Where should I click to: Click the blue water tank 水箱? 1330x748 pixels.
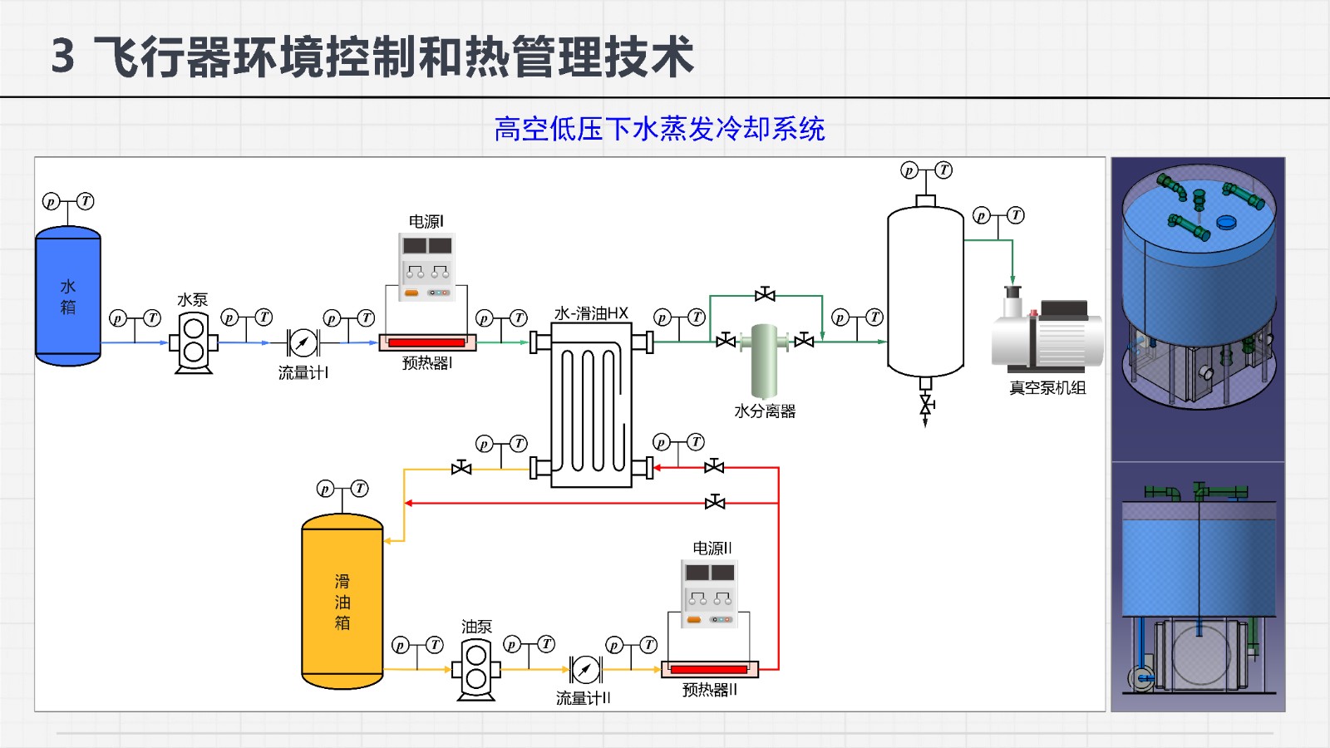68,296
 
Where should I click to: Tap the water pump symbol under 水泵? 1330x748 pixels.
193,342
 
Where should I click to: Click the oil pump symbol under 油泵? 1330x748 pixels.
476,668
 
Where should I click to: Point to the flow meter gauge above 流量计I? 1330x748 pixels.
303,342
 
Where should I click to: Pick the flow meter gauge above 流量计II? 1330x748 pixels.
586,669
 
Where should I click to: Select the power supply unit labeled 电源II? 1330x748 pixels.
710,593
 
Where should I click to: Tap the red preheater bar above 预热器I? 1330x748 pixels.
426,342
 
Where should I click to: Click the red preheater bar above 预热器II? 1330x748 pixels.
709,669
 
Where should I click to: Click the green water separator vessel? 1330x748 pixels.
765,359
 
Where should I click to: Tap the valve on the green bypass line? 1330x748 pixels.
765,295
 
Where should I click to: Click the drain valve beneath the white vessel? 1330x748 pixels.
925,405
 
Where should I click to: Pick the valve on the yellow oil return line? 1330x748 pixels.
461,469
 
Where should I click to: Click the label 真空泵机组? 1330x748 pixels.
1047,388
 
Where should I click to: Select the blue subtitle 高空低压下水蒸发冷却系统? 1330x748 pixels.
659,129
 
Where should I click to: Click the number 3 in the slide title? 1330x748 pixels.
63,57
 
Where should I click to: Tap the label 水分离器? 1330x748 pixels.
765,411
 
